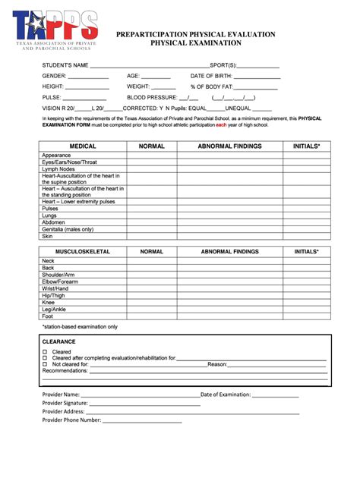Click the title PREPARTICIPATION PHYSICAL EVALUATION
(195, 35)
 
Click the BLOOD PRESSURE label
(151, 97)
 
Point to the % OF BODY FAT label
(212, 86)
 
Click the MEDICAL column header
(83, 146)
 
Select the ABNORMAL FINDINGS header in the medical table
(229, 146)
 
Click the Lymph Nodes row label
(58, 168)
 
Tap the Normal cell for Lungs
(152, 215)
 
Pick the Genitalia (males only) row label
(68, 229)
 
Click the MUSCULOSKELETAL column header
(83, 251)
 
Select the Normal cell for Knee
(152, 301)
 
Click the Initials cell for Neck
(307, 261)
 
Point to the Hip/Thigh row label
(55, 294)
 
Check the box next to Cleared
(46, 352)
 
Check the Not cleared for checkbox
(46, 364)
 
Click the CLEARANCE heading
(58, 342)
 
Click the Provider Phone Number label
(71, 420)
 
